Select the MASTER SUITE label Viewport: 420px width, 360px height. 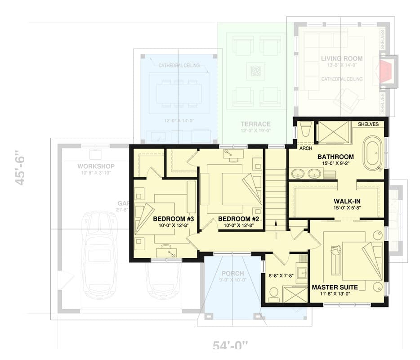[x=335, y=287]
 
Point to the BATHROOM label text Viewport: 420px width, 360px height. [x=335, y=157]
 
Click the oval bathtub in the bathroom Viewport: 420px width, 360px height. [x=373, y=154]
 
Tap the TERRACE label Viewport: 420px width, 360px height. [x=255, y=124]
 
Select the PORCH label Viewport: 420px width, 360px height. [x=232, y=273]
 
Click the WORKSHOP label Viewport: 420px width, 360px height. [x=96, y=166]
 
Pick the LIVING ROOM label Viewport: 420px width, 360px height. [x=342, y=58]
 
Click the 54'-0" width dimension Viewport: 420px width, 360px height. [x=230, y=346]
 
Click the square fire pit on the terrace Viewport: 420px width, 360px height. [x=255, y=71]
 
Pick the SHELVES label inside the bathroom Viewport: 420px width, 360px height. [x=368, y=124]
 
